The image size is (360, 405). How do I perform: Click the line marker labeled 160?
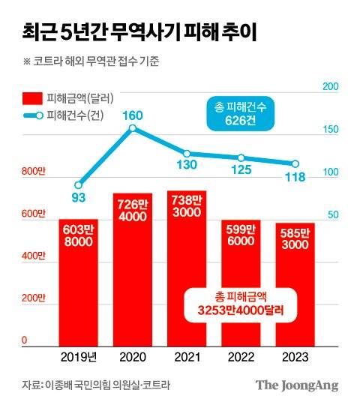point(133,128)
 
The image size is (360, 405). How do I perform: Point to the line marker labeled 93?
point(79,184)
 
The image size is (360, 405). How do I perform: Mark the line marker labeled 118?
point(295,164)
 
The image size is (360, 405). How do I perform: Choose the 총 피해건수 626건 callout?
point(238,115)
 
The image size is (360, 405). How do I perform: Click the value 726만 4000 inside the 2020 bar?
point(133,208)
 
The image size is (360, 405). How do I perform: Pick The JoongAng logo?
point(297,385)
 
